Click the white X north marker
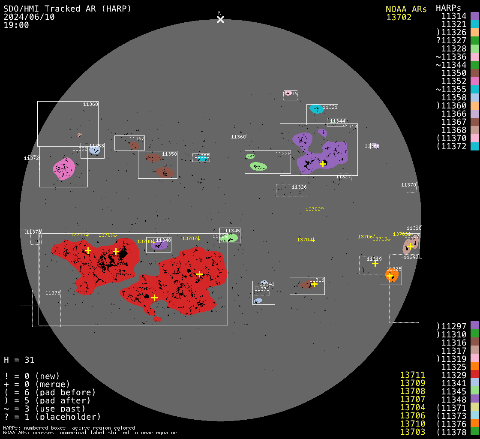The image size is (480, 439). tap(220, 19)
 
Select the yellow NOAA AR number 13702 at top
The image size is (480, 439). tap(399, 18)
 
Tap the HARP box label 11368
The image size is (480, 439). tap(90, 104)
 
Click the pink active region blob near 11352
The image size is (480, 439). tap(64, 168)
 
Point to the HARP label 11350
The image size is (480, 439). tap(169, 154)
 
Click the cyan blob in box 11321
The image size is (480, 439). tap(317, 109)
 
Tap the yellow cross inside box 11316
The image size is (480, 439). tap(314, 284)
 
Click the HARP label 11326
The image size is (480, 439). tap(299, 187)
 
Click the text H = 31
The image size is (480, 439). tap(19, 360)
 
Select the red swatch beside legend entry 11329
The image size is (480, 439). tap(474, 375)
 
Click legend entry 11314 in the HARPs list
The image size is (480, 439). tap(454, 16)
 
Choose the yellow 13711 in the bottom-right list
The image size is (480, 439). tap(413, 375)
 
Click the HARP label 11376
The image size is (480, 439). tap(53, 293)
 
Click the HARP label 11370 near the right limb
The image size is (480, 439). tap(408, 185)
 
